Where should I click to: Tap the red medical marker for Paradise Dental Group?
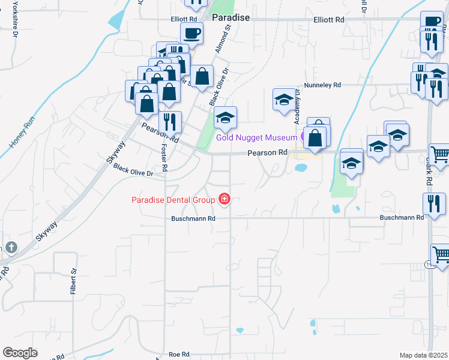(224, 199)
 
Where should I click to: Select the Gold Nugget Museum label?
(256, 137)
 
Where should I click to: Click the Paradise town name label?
(231, 18)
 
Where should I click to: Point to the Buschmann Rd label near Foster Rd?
(195, 218)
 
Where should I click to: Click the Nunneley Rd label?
(322, 85)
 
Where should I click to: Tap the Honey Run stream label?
(19, 136)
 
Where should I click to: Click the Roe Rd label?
(179, 355)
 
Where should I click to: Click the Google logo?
(20, 352)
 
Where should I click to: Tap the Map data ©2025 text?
(424, 355)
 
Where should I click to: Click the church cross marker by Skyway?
(10, 247)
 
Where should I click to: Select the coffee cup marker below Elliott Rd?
(191, 34)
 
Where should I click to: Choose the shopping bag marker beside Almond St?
(203, 76)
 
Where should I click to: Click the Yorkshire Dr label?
(13, 22)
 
